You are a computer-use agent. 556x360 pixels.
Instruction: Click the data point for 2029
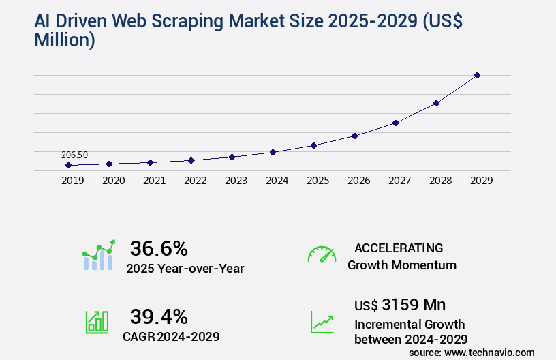click(x=477, y=75)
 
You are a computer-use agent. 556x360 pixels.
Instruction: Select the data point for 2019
click(x=68, y=165)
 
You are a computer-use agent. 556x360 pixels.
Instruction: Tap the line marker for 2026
click(x=354, y=136)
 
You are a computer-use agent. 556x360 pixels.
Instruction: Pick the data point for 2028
click(x=436, y=103)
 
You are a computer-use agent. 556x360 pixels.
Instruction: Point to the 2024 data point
click(x=273, y=152)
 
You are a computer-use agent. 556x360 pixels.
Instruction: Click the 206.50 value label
click(x=74, y=155)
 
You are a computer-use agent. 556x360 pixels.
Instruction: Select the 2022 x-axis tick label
click(x=195, y=181)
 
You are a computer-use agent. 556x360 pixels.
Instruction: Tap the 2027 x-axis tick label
click(x=399, y=181)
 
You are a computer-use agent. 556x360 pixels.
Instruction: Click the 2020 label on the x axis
click(x=113, y=181)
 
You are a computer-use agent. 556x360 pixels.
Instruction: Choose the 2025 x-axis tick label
click(x=318, y=181)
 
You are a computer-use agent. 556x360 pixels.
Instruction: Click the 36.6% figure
click(x=159, y=248)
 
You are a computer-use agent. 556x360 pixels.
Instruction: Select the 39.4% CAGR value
click(x=159, y=316)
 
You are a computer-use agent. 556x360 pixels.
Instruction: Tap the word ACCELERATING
click(x=399, y=248)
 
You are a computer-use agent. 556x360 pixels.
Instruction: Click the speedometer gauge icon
click(x=322, y=254)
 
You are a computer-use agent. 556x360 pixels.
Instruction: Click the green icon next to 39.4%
click(x=97, y=322)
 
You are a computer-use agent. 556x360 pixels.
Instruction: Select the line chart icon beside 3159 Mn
click(x=322, y=322)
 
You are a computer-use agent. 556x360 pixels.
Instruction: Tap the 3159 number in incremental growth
click(x=400, y=304)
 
